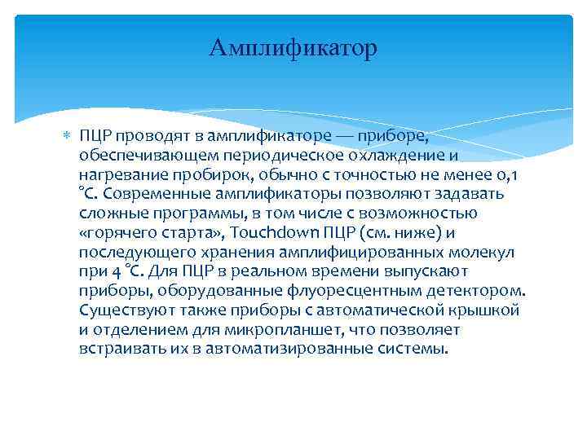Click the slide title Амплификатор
tap(293, 48)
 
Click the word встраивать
tap(120, 350)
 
